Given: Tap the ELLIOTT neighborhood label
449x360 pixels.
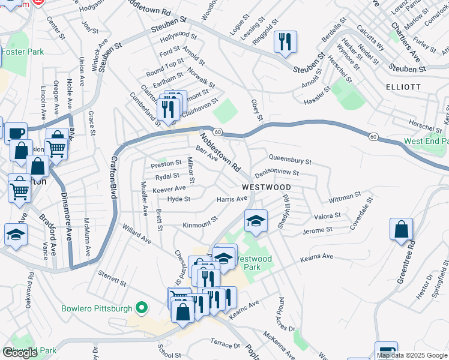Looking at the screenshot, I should click(403, 87).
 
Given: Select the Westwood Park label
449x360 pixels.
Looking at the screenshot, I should click(253, 263).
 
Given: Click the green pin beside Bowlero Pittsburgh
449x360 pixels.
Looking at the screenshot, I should click(142, 308).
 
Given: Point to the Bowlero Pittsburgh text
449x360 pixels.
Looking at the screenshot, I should click(97, 309).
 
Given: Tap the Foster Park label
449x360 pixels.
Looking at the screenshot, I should click(22, 52).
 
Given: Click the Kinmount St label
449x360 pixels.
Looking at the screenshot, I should click(200, 224).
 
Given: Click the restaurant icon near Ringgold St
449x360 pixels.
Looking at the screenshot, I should click(283, 42).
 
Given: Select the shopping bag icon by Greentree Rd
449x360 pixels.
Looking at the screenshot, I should click(400, 229).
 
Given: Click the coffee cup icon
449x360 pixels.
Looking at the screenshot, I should click(16, 133).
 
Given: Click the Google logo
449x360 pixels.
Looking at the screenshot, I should click(19, 353).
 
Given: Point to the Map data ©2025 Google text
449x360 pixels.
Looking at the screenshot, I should click(412, 355).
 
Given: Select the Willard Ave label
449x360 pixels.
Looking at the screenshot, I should click(136, 234).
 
